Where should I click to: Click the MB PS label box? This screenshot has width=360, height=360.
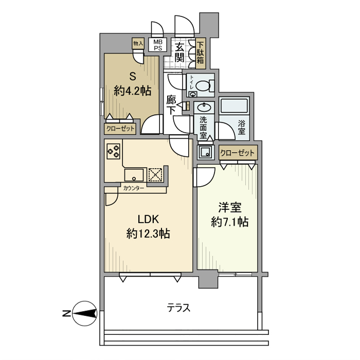point(157,45)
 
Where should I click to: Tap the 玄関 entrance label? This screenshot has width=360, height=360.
point(179,53)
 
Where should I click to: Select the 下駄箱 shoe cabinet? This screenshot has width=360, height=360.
point(201,53)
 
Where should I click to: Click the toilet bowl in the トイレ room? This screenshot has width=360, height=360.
point(203,86)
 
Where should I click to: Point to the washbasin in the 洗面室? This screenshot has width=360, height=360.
point(204,107)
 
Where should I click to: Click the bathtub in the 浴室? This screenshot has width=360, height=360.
point(234,105)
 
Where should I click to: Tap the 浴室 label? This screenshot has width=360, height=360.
point(242,128)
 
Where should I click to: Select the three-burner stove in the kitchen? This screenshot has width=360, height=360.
point(114,151)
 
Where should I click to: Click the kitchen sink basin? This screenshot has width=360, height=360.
point(134,175)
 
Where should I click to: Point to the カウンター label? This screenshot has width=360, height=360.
point(134,189)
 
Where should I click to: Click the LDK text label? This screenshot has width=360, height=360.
point(148,219)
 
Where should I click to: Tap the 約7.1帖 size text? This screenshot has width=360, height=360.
point(229,222)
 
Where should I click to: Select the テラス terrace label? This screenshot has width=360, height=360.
point(178,308)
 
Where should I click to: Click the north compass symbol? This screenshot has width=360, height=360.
point(85,313)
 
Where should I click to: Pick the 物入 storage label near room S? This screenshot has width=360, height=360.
point(138,43)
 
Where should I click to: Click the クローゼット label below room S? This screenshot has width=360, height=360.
point(120,129)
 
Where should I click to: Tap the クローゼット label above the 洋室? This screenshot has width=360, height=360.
point(238,153)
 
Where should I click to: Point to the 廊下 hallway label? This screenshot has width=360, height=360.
point(171,105)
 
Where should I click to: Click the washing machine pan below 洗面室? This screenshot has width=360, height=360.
point(206,152)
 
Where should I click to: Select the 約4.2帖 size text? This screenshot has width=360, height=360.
point(133,91)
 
